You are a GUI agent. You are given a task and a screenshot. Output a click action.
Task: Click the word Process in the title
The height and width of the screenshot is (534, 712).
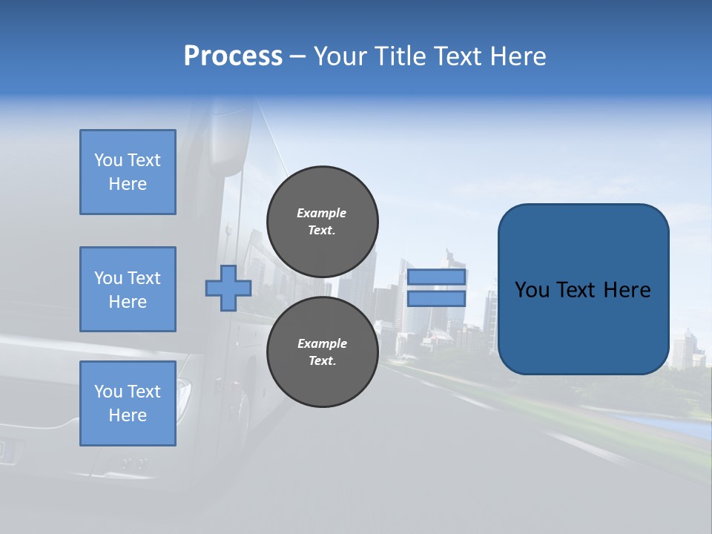233,56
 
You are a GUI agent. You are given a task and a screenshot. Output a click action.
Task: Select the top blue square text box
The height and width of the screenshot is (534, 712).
128,172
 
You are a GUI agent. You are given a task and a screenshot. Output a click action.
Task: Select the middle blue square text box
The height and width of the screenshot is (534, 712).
128,289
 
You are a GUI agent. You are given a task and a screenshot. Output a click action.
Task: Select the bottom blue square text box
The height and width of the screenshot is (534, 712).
128,403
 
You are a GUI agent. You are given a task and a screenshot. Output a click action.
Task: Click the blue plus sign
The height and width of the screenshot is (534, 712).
228,289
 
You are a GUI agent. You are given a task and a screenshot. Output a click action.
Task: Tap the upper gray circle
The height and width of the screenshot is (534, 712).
322,222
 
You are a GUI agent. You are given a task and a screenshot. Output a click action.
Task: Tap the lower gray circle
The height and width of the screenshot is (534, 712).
322,352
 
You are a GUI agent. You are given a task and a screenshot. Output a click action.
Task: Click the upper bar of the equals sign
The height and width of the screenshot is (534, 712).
436,277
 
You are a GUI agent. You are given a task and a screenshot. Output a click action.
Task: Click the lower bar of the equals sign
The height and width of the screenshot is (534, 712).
436,299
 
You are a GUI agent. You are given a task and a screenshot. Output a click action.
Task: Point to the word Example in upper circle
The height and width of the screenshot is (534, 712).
322,214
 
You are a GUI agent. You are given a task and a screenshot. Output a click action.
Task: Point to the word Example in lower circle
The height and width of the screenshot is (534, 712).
322,344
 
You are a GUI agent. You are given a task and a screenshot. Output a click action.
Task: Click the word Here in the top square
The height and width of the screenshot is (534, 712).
128,184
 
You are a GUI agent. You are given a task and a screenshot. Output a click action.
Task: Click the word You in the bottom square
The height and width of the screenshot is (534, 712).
108,392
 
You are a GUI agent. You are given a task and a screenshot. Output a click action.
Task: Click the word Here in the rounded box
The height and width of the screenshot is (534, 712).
627,290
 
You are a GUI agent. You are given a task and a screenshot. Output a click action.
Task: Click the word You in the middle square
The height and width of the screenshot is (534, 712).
108,278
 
